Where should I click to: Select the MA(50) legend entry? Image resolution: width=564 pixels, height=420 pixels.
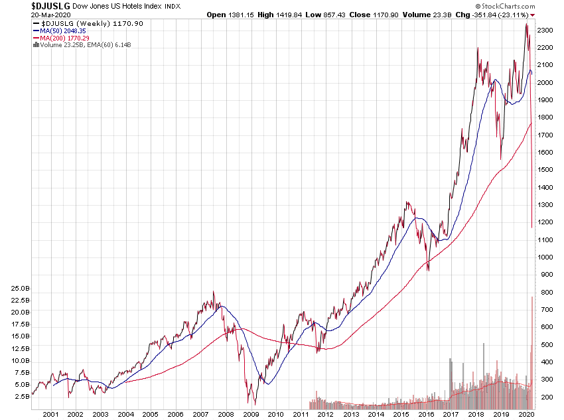[x=61, y=30]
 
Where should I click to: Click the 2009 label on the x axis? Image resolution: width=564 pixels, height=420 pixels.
[x=251, y=414]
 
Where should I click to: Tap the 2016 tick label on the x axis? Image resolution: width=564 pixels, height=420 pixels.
[x=425, y=414]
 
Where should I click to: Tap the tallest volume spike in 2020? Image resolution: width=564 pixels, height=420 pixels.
[x=533, y=299]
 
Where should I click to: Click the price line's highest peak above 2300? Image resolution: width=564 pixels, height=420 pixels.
[x=526, y=25]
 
